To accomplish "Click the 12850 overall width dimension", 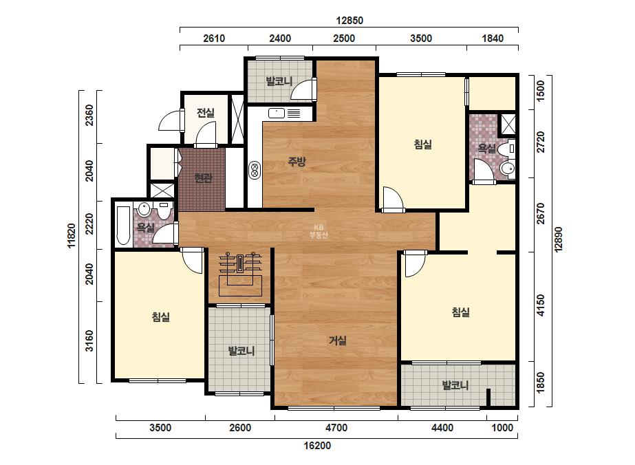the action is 349,20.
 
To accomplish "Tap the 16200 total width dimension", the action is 318,446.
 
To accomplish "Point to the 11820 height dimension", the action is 72,236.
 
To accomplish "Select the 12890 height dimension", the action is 559,240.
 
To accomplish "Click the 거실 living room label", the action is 337,340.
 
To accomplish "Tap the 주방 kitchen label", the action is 297,162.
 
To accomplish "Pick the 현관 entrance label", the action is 204,177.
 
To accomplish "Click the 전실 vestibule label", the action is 206,112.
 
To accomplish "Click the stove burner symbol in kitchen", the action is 255,170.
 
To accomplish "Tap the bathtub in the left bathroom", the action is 123,225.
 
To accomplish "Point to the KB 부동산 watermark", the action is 319,231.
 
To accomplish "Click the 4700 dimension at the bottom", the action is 336,428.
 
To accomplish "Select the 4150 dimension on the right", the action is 541,305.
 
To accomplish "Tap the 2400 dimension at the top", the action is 280,39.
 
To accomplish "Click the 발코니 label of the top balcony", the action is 279,81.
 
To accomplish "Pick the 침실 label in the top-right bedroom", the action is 423,144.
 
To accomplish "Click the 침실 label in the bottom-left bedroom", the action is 161,316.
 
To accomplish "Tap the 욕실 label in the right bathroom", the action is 487,149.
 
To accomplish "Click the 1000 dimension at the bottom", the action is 502,428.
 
